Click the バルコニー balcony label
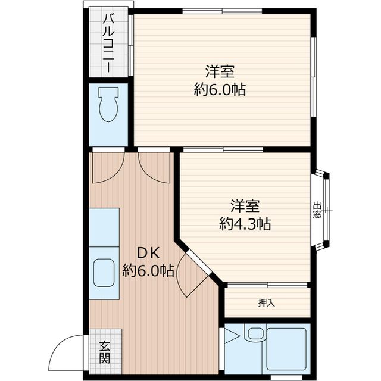tap(108, 43)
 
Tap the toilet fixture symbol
tap(108, 105)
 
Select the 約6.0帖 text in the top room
tap(220, 90)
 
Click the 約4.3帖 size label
tap(245, 224)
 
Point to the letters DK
tap(148, 254)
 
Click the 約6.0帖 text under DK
tap(148, 270)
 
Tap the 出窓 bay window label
tap(317, 210)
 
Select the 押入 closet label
tap(266, 303)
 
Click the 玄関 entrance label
tap(105, 355)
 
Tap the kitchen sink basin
tap(104, 273)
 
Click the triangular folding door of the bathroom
tap(232, 336)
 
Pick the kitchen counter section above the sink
tap(104, 227)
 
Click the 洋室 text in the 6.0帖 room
tap(220, 71)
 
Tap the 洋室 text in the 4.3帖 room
tap(245, 206)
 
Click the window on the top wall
tap(222, 11)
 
